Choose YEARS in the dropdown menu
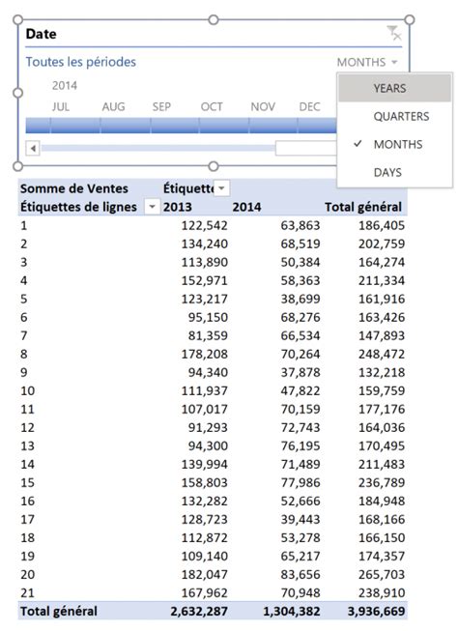(x=389, y=88)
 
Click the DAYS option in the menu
(x=387, y=172)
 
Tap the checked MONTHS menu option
(x=397, y=144)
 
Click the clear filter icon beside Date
(x=393, y=34)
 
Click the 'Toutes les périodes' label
(x=80, y=62)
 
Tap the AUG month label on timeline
(x=113, y=106)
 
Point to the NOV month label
(x=262, y=106)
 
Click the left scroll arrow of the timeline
(x=33, y=148)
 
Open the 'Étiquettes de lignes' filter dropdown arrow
(x=152, y=207)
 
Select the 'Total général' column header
(x=365, y=207)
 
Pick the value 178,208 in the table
(x=204, y=353)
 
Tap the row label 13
(x=27, y=445)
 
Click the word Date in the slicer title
(x=41, y=34)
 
